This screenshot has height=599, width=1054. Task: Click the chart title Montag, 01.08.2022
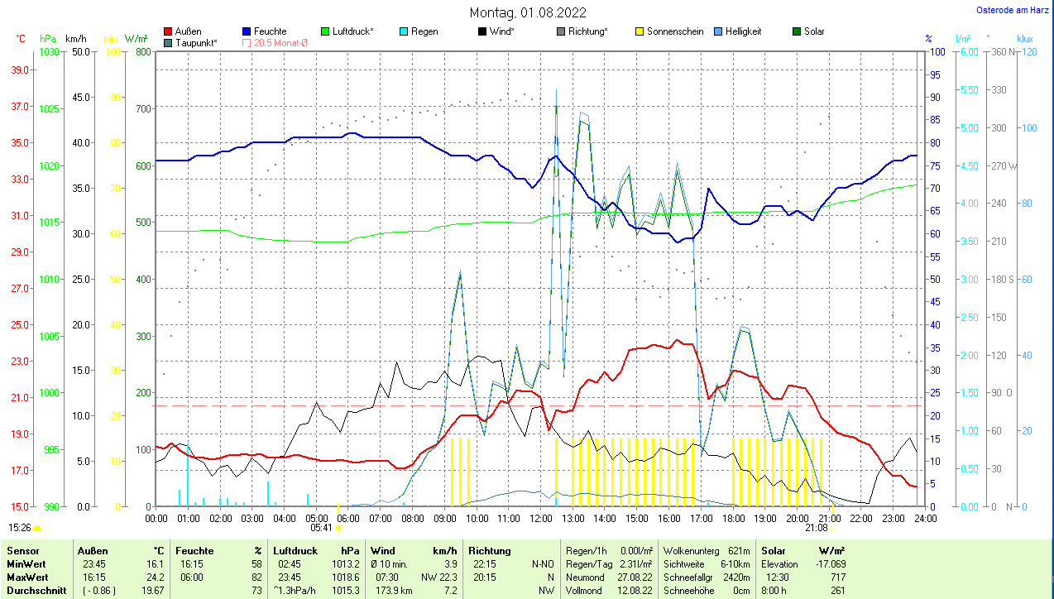pos(528,12)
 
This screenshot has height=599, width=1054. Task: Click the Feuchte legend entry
pos(264,31)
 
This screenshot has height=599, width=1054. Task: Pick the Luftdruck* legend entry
pos(347,31)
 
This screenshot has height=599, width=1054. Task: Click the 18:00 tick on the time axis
pos(733,519)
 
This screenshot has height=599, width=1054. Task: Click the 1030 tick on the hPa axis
pos(50,51)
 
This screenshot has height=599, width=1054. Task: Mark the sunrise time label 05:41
pos(321,527)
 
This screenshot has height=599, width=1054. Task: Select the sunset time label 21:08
pos(817,527)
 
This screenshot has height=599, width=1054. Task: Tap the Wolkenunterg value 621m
pos(739,550)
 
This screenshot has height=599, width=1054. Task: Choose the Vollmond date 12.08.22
pos(635,591)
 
